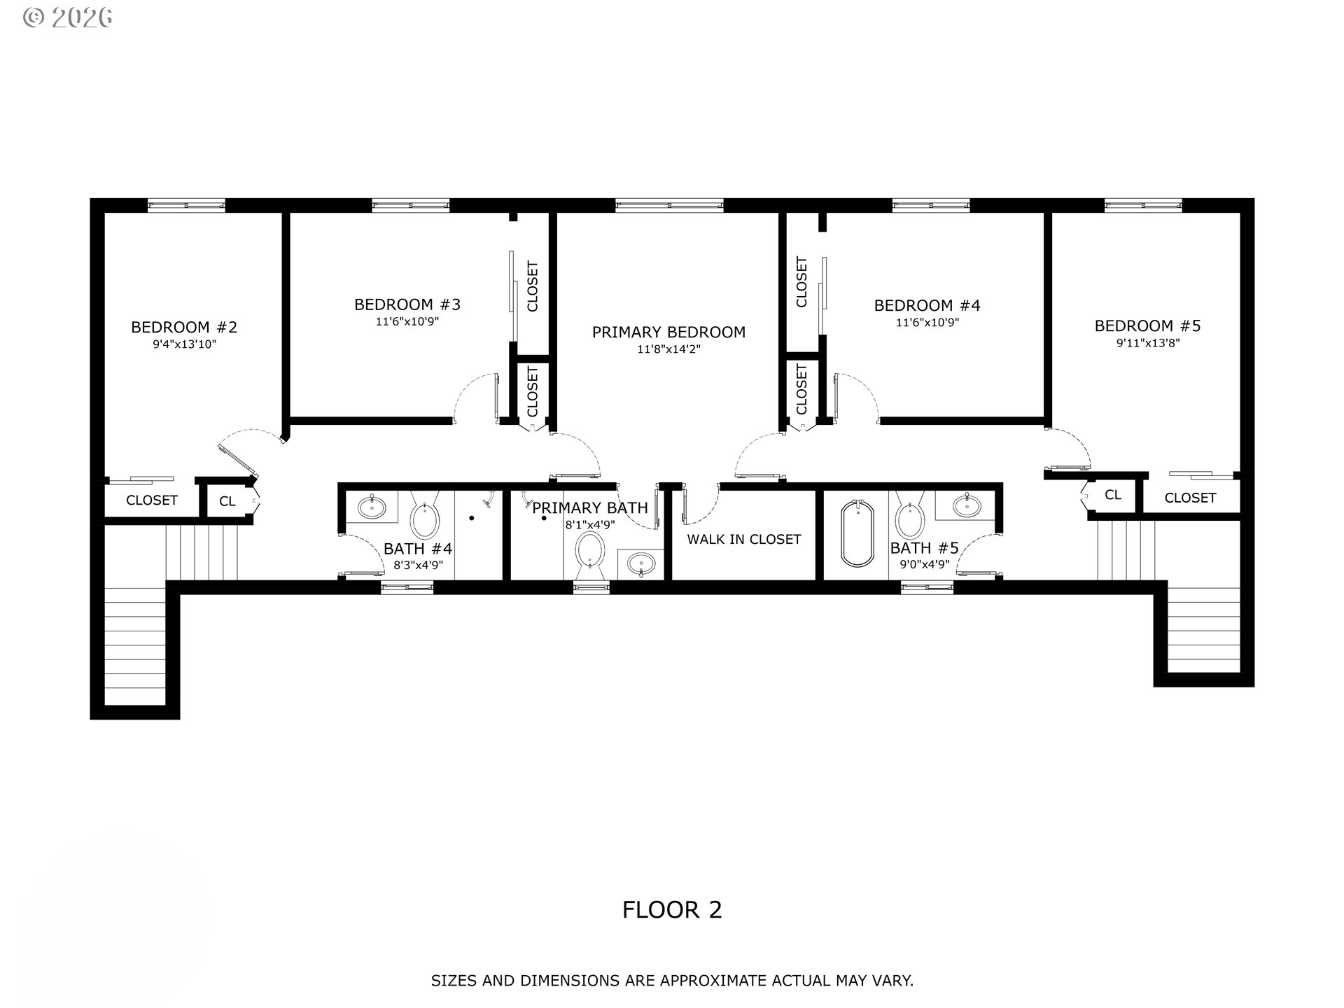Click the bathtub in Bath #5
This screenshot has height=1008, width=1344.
pos(857,533)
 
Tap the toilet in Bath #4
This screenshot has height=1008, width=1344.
pos(424,516)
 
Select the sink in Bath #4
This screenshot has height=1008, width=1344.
pos(370,506)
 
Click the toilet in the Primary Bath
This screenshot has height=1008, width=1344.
pos(590,551)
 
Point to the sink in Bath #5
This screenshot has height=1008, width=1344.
pos(971,504)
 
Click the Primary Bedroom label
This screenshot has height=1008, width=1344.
pos(668,332)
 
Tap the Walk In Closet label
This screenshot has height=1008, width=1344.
pos(744,539)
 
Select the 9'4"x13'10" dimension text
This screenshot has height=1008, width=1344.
pos(184,344)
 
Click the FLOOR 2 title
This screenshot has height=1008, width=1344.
pos(672,909)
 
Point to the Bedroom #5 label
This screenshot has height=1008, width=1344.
pos(1147,325)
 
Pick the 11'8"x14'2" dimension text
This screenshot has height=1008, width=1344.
pos(668,349)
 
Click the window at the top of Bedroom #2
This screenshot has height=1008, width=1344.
pos(186,205)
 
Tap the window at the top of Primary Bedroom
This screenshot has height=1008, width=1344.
pos(669,205)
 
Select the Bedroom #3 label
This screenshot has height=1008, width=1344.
pos(407,304)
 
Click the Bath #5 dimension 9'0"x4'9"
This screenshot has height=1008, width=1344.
pos(924,564)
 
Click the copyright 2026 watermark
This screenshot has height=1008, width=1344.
pos(68,17)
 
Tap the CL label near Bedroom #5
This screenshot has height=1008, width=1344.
pos(1113,495)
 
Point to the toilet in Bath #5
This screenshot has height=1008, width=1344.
pos(909,516)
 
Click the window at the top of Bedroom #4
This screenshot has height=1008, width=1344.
pos(931,205)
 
